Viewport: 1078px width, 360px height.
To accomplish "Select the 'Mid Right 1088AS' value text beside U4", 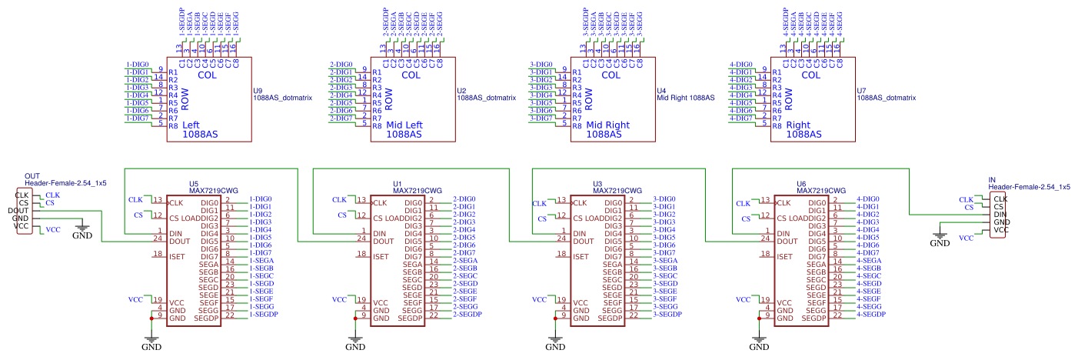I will (x=686, y=98).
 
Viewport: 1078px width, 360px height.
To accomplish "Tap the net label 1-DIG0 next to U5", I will (x=260, y=199).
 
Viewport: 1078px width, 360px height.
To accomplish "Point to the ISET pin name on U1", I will (x=381, y=256).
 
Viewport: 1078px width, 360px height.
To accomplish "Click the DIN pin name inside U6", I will (x=784, y=233).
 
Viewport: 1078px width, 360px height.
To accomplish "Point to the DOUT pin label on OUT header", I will (x=18, y=211).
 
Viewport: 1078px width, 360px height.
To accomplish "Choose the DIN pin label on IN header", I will (x=1000, y=214).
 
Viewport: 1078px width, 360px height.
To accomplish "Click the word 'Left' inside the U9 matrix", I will (x=191, y=125).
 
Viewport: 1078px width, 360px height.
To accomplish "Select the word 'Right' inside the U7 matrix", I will (x=798, y=125).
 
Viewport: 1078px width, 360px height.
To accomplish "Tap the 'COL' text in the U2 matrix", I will (x=411, y=75).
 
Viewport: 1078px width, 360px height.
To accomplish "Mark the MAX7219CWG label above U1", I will (x=418, y=190).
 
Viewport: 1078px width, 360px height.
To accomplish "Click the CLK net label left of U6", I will (x=743, y=203).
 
